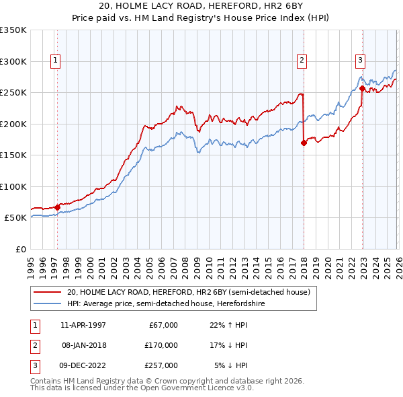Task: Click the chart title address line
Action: pos(201,6)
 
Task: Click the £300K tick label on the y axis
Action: pos(13,61)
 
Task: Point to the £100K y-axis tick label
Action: pos(13,186)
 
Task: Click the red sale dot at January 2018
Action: pos(304,143)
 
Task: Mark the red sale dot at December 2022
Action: pos(362,88)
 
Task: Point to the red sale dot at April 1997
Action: pos(57,207)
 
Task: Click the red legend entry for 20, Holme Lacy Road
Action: pos(188,292)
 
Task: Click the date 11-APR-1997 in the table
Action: pos(83,324)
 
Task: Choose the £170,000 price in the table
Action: pos(162,345)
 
